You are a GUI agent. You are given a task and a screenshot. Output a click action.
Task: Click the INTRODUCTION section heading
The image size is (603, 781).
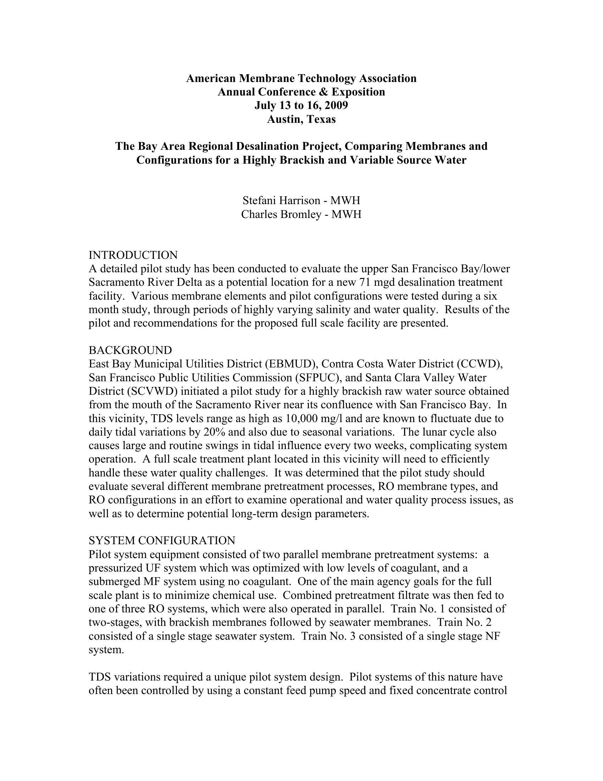[133, 255]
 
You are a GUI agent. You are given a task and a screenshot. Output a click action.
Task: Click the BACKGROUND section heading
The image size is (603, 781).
[130, 350]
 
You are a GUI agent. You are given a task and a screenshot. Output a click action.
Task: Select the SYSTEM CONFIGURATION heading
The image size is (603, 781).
[162, 540]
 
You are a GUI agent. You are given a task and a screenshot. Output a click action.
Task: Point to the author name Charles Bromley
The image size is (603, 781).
[281, 214]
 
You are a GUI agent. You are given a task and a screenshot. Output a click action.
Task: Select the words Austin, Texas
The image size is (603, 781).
[301, 119]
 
